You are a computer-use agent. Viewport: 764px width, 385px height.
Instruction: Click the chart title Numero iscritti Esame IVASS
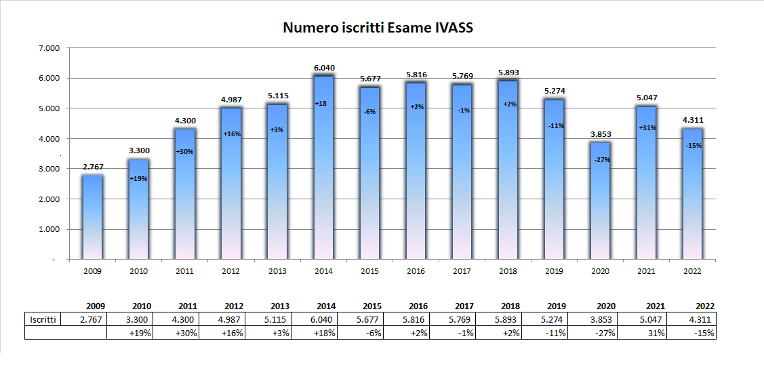tap(377, 28)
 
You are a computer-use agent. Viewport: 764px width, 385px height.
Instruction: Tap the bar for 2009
tap(93, 217)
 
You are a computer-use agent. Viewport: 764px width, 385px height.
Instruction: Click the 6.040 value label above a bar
tap(324, 68)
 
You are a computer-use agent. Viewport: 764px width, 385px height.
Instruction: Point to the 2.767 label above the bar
tap(93, 166)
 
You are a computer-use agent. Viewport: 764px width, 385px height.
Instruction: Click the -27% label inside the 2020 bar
tap(601, 160)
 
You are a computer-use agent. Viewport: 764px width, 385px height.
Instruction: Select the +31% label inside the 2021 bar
tap(647, 128)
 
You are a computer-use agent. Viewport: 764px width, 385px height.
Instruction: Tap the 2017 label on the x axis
tap(462, 270)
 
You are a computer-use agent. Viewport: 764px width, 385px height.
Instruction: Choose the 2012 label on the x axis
tap(231, 270)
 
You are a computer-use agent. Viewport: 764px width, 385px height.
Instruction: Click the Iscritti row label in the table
tap(43, 319)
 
